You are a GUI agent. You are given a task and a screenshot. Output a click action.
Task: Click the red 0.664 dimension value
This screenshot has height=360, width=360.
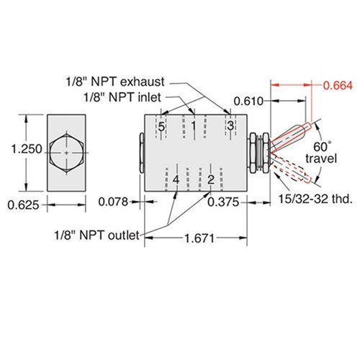[338, 86]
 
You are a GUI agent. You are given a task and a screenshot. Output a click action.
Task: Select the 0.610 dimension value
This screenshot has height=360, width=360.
[248, 102]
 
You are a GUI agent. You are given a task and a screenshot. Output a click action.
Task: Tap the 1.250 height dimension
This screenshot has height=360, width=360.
[27, 149]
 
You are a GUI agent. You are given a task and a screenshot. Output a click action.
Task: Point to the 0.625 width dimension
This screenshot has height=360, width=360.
[23, 205]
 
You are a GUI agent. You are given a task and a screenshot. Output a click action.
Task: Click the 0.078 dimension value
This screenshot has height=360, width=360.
[113, 202]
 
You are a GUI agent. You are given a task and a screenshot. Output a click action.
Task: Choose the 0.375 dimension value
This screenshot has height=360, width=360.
[223, 202]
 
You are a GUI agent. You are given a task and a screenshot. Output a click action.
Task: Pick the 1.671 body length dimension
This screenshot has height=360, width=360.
[199, 238]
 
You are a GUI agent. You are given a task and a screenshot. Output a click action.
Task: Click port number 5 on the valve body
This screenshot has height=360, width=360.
[161, 127]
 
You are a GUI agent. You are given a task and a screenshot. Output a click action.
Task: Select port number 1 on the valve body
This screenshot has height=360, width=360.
[194, 126]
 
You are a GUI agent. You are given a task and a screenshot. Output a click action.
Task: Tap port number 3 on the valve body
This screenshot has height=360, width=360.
[230, 126]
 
